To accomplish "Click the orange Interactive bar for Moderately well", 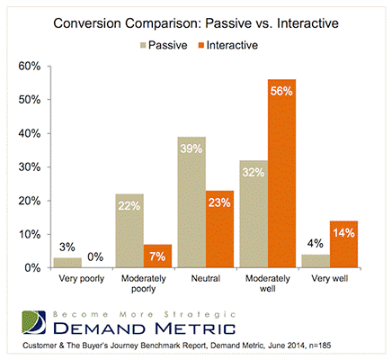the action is (281, 174).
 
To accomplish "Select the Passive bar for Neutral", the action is (192, 202).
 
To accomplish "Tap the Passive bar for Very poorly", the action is (67, 263).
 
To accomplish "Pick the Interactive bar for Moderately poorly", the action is (157, 256).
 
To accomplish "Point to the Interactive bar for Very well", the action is (343, 244).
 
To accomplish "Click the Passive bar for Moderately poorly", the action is (129, 230).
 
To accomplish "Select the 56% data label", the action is (281, 91).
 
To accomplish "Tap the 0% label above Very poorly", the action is (95, 256).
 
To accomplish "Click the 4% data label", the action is (316, 244).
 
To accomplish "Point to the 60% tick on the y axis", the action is (30, 66).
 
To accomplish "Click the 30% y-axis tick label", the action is (30, 166).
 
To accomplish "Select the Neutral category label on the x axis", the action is (206, 278).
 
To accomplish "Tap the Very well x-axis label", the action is (330, 279).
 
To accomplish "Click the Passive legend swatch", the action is (143, 45).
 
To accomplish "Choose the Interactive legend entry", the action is (228, 45).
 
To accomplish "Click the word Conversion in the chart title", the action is (87, 23).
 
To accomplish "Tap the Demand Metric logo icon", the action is (34, 322).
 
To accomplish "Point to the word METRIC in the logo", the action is (195, 328).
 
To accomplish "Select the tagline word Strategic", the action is (200, 315).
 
